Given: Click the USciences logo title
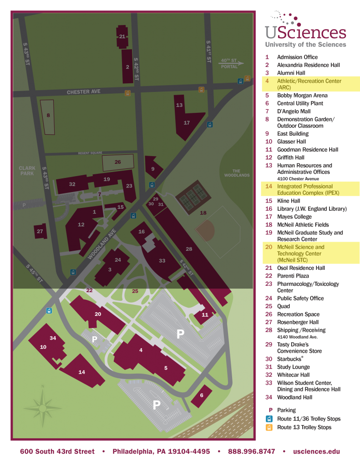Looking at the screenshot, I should pyautogui.click(x=305, y=33).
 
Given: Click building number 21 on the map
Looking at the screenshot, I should pyautogui.click(x=122, y=36).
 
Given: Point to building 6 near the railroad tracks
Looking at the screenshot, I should pyautogui.click(x=202, y=395).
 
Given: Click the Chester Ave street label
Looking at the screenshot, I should pyautogui.click(x=83, y=92).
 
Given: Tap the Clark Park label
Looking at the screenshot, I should pyautogui.click(x=27, y=171).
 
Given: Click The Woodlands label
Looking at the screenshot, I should pyautogui.click(x=237, y=173).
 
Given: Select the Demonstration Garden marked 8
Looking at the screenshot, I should pyautogui.click(x=48, y=116).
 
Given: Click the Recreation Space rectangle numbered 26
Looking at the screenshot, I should pyautogui.click(x=117, y=162).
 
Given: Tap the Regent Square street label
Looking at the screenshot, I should pyautogui.click(x=90, y=153).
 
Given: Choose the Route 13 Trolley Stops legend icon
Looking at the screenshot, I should pyautogui.click(x=269, y=427).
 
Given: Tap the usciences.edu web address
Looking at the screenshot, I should pyautogui.click(x=316, y=451).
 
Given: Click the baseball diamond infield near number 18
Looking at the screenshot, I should pyautogui.click(x=206, y=231).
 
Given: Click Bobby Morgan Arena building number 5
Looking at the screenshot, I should pyautogui.click(x=166, y=368).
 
